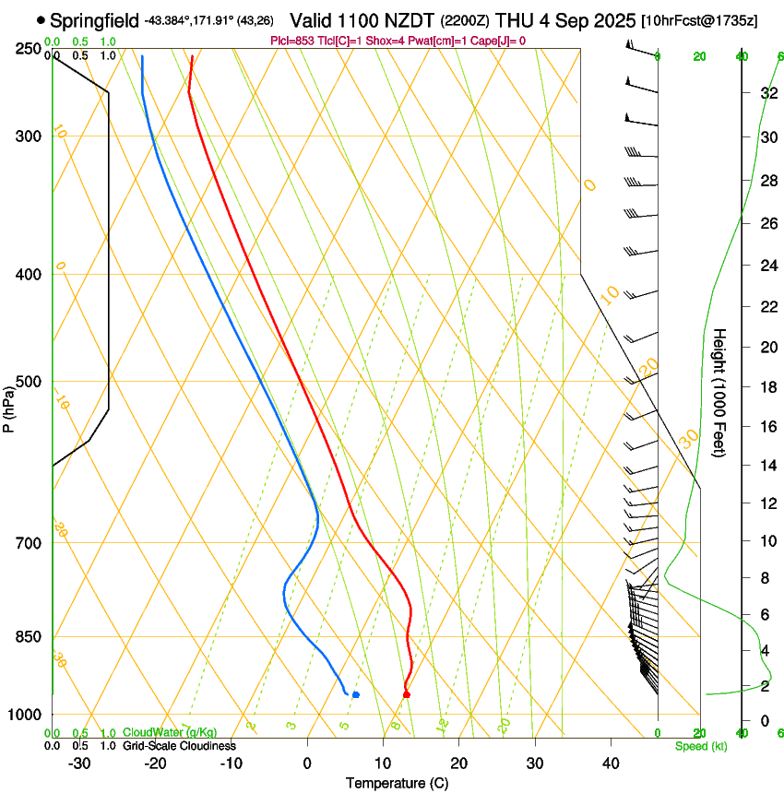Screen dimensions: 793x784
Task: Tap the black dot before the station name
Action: pos(41,19)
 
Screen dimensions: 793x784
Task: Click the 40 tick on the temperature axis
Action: pos(610,763)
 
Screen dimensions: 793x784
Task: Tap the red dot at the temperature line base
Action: pos(407,694)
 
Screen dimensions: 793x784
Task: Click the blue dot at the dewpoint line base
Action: pos(356,694)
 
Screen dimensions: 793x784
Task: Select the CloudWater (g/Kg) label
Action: pos(166,733)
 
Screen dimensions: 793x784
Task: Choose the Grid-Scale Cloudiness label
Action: pos(179,745)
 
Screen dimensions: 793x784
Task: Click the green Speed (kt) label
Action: pos(700,746)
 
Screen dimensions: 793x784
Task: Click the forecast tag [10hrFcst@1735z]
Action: pos(699,20)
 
